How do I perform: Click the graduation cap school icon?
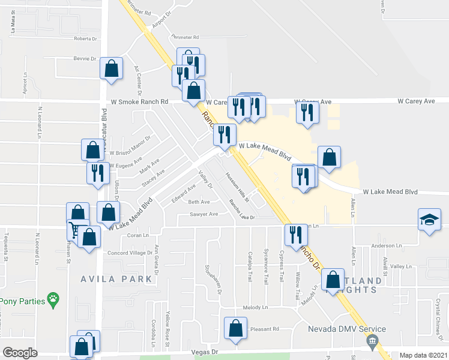(x=430, y=220)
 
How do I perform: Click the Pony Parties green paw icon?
(x=53, y=298)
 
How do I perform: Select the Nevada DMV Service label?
(x=347, y=329)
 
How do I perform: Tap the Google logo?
(x=20, y=353)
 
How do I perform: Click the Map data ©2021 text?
(x=424, y=355)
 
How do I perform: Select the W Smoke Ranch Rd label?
(x=137, y=102)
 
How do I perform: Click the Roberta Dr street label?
(x=85, y=38)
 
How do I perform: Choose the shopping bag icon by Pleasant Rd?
(x=235, y=328)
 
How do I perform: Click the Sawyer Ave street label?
(x=203, y=214)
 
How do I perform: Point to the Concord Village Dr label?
(x=130, y=253)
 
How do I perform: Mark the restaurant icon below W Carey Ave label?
(x=307, y=113)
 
